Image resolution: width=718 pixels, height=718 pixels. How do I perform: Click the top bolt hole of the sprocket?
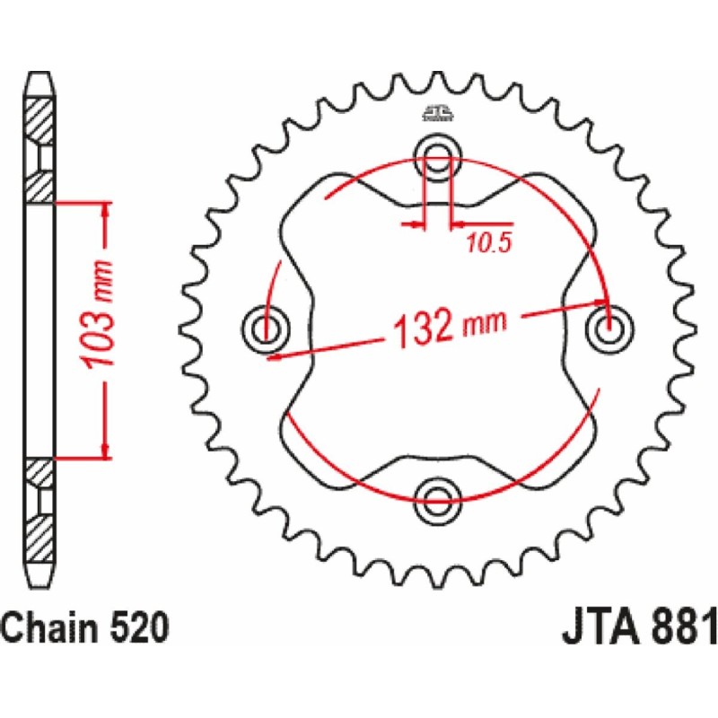(437, 158)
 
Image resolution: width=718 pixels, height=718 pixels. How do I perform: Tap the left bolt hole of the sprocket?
(266, 328)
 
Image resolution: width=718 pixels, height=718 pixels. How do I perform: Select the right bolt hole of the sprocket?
(610, 328)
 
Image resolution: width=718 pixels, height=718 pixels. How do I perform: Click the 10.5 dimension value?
(488, 243)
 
